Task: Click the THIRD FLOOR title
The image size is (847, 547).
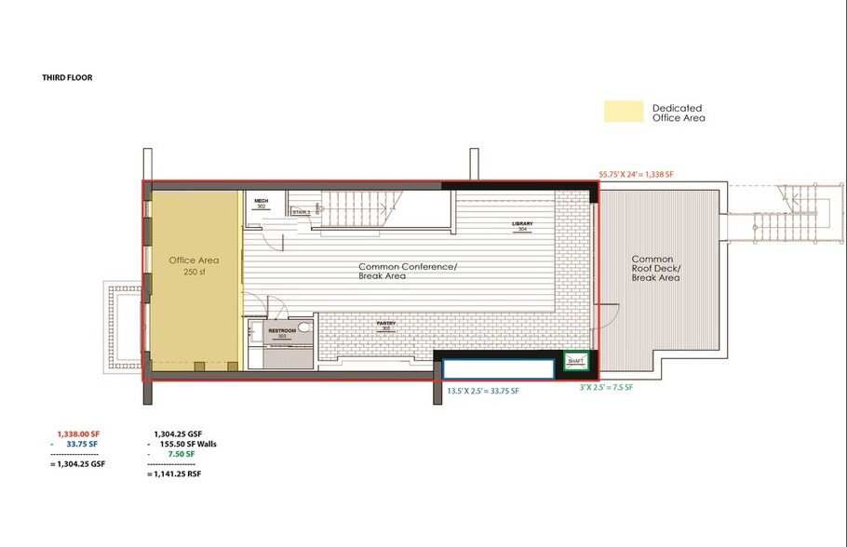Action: pos(66,77)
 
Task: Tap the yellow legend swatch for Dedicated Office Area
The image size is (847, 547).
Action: pos(623,112)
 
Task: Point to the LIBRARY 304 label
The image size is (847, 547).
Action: pos(523,227)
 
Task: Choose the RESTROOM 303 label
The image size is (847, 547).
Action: pos(282,333)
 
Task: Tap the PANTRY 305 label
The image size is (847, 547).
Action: pos(387,327)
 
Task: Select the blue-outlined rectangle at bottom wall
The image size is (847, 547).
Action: pos(498,368)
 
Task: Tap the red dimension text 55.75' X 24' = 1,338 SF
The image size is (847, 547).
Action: pos(648,174)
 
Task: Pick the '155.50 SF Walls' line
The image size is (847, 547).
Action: pos(189,444)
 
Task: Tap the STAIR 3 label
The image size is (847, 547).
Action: pos(301,212)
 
